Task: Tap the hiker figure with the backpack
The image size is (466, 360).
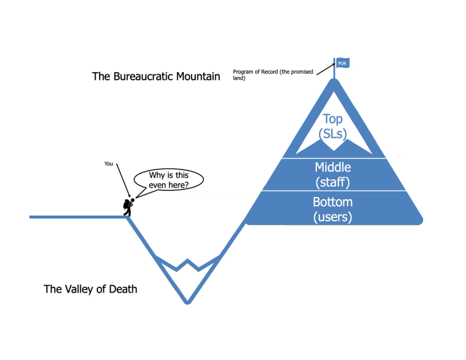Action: point(128,206)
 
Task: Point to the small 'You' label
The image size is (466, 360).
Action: point(108,164)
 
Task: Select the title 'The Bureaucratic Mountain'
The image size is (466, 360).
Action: point(156,76)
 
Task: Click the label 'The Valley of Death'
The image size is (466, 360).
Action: point(90,288)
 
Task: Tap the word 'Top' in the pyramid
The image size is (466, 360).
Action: point(333,119)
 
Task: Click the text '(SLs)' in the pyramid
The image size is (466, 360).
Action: point(333,134)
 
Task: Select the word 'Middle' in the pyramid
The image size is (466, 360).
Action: point(333,167)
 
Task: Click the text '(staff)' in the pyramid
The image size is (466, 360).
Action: point(333,182)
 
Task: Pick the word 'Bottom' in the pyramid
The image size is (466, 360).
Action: point(333,203)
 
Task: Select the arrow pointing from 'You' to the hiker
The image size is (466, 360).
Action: point(123,182)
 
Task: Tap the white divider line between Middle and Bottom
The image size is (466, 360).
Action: point(333,190)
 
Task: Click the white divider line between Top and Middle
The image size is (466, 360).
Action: point(333,158)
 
